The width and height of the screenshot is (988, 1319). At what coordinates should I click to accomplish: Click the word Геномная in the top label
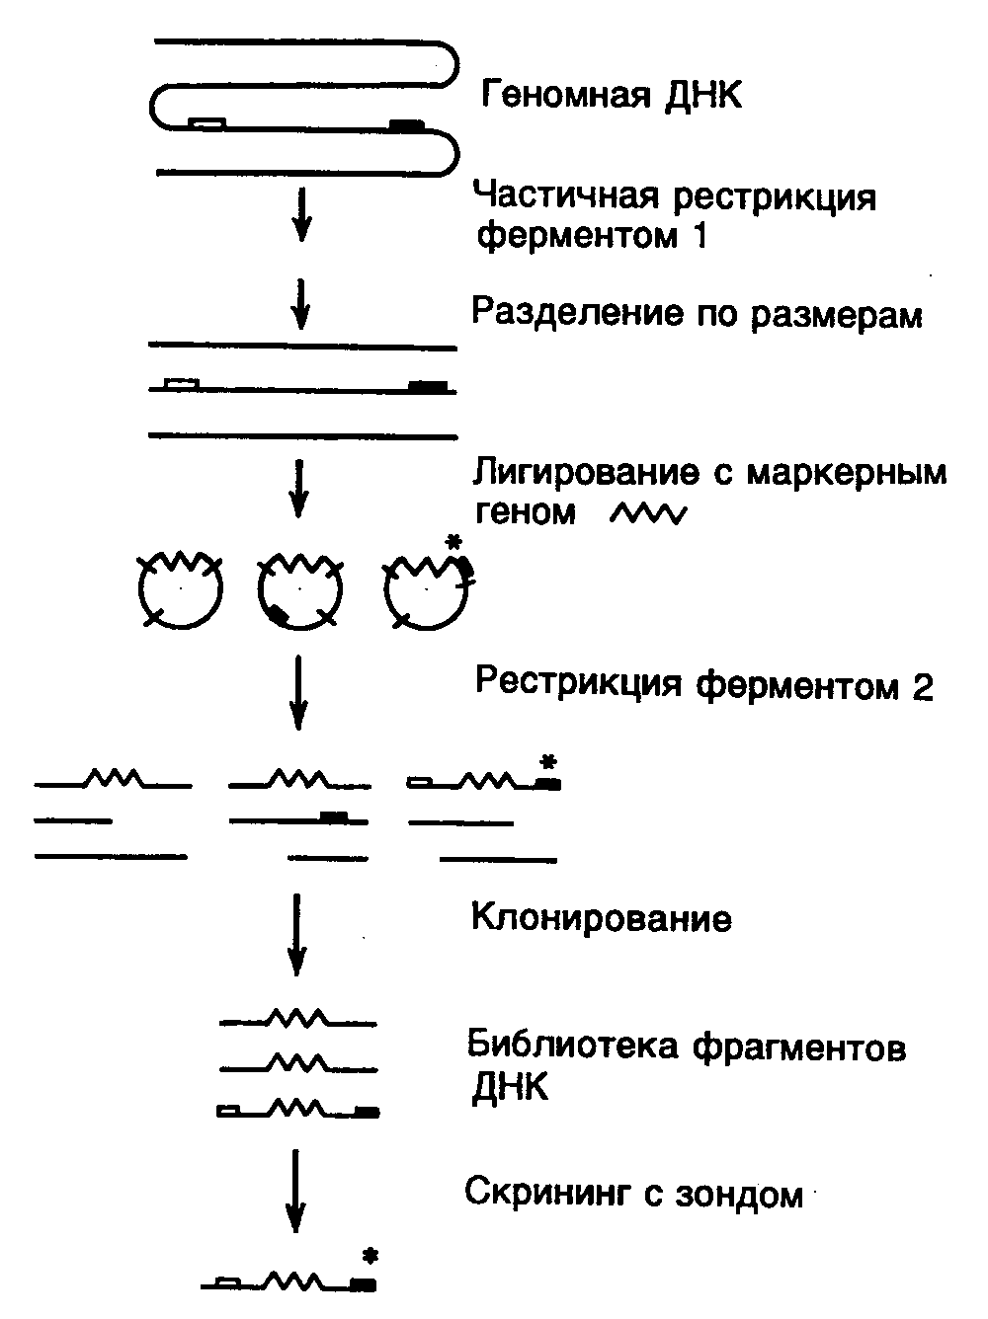[x=566, y=95]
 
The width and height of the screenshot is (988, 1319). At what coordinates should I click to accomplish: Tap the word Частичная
[x=568, y=196]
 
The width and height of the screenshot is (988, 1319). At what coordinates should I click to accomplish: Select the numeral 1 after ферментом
[x=700, y=235]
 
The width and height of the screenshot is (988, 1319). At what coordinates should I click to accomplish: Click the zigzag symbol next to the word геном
[x=648, y=514]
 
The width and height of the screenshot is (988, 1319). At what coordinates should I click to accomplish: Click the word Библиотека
[x=572, y=1047]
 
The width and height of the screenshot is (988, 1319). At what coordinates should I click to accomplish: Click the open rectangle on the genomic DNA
[x=207, y=122]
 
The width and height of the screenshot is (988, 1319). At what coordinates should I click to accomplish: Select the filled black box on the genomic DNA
[x=406, y=125]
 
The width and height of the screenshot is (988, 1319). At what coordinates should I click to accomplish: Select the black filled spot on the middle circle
[x=279, y=613]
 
